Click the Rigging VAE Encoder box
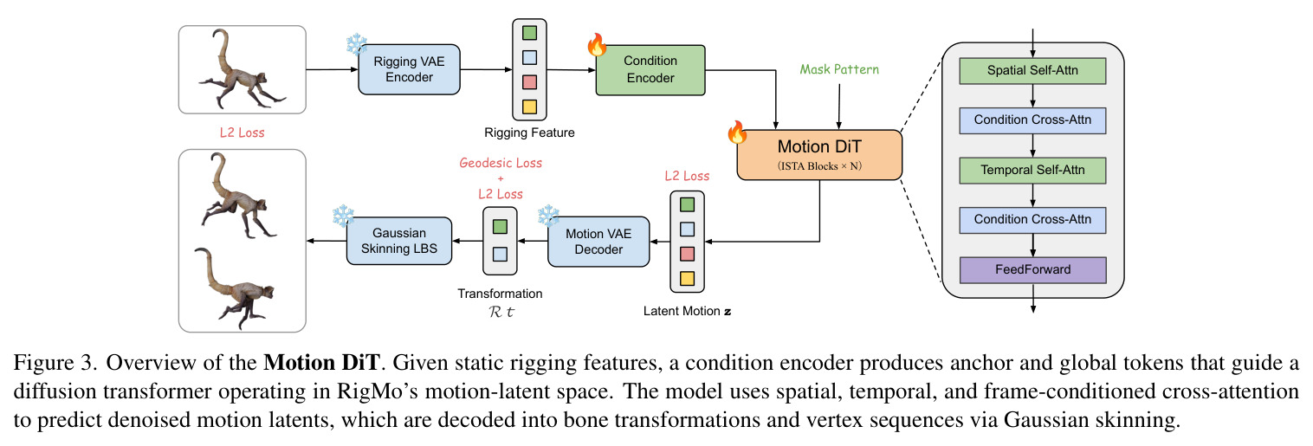(x=409, y=69)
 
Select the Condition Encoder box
(x=650, y=70)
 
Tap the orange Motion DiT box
(x=818, y=155)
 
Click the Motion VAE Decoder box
(x=598, y=242)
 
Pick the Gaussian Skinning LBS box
(x=399, y=241)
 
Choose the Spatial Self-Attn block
(x=1032, y=71)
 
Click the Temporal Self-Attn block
(x=1032, y=171)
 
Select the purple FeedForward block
(x=1032, y=270)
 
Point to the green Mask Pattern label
(x=839, y=70)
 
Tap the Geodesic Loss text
(x=501, y=163)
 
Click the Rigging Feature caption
(x=529, y=133)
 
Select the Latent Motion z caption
(x=687, y=311)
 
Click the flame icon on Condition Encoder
(x=598, y=44)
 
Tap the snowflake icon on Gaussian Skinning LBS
(x=344, y=216)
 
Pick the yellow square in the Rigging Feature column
(x=529, y=107)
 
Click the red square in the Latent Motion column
(x=687, y=254)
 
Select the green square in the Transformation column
(x=500, y=227)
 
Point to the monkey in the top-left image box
(x=242, y=69)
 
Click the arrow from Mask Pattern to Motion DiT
(x=838, y=107)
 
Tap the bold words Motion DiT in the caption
(x=322, y=363)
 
